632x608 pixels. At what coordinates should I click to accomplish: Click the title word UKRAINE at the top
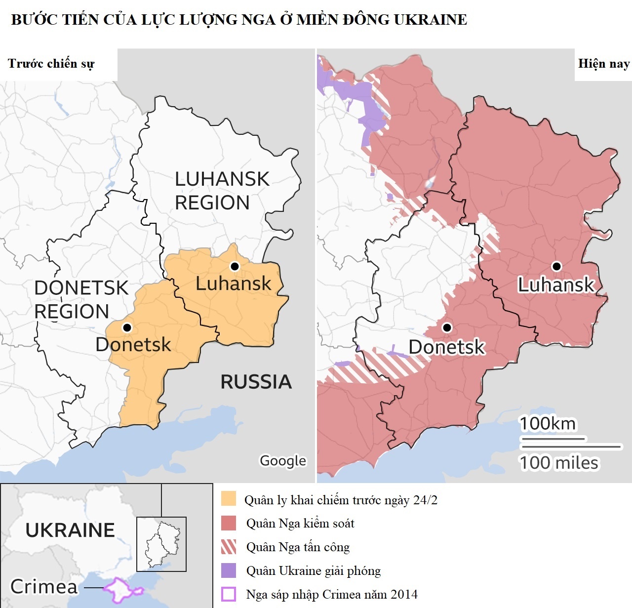tap(430, 20)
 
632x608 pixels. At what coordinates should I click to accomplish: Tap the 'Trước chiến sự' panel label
tap(51, 64)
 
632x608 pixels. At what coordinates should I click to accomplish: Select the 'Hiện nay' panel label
tap(603, 64)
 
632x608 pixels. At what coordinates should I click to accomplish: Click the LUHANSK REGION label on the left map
tap(222, 191)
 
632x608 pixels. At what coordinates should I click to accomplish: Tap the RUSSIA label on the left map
tap(256, 382)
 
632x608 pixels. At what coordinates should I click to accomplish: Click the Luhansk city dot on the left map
tap(235, 266)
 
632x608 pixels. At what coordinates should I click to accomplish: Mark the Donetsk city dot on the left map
tap(127, 327)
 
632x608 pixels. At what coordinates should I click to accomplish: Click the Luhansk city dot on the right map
tap(557, 266)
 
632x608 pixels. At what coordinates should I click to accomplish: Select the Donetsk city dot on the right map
tap(447, 327)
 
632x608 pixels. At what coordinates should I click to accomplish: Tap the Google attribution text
tap(283, 460)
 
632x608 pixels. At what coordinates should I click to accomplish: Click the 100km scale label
tap(548, 424)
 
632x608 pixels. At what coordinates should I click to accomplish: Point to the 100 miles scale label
tap(559, 463)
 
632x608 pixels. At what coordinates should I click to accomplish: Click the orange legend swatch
tap(229, 499)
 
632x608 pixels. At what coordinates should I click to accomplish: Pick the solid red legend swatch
tap(229, 523)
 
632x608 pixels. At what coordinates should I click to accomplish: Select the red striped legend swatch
tap(229, 547)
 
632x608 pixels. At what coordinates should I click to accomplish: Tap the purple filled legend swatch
tap(229, 570)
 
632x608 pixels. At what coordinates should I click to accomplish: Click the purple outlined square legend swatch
tap(229, 594)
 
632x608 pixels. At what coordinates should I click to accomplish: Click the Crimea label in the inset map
tap(44, 587)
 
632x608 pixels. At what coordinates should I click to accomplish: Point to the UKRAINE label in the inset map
tap(70, 530)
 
